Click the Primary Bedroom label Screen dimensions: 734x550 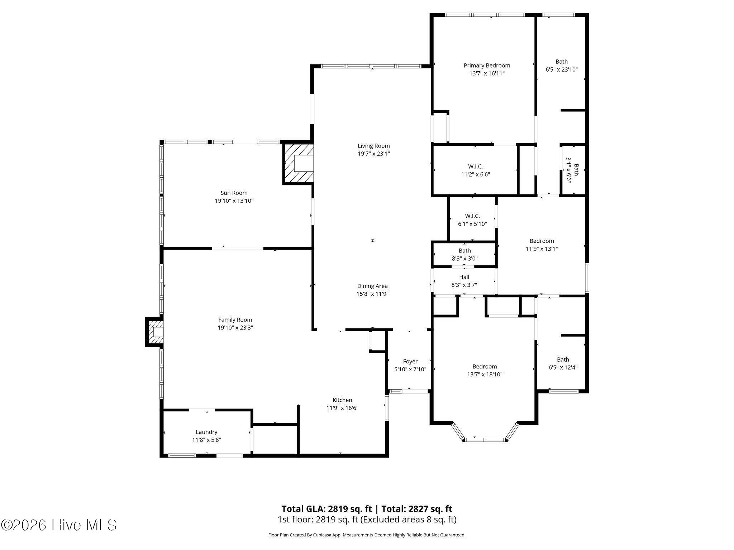click(x=487, y=66)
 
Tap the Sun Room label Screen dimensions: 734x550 click(x=234, y=193)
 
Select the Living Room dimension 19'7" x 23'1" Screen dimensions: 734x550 click(x=374, y=154)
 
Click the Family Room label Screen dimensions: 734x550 click(x=235, y=320)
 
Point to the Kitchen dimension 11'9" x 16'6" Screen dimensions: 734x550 click(x=342, y=408)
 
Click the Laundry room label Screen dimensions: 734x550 click(x=206, y=432)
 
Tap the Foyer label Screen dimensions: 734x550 click(x=410, y=361)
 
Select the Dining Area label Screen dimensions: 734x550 click(x=372, y=286)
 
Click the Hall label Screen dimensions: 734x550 click(x=464, y=277)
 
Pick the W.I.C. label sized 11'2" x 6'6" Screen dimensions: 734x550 click(x=476, y=167)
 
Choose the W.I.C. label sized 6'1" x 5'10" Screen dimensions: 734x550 click(x=472, y=216)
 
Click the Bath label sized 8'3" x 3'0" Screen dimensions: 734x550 click(x=465, y=251)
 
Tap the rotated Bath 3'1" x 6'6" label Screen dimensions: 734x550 click(x=573, y=170)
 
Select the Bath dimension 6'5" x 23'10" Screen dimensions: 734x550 click(x=562, y=69)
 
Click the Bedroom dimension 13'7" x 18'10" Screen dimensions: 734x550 click(x=485, y=375)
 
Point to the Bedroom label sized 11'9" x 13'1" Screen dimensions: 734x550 click(x=542, y=241)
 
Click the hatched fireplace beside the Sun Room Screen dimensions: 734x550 click(x=298, y=164)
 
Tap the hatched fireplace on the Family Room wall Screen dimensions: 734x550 click(x=154, y=332)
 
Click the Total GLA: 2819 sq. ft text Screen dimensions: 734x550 click(x=327, y=509)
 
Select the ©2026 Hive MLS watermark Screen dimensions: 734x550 click(x=59, y=525)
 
